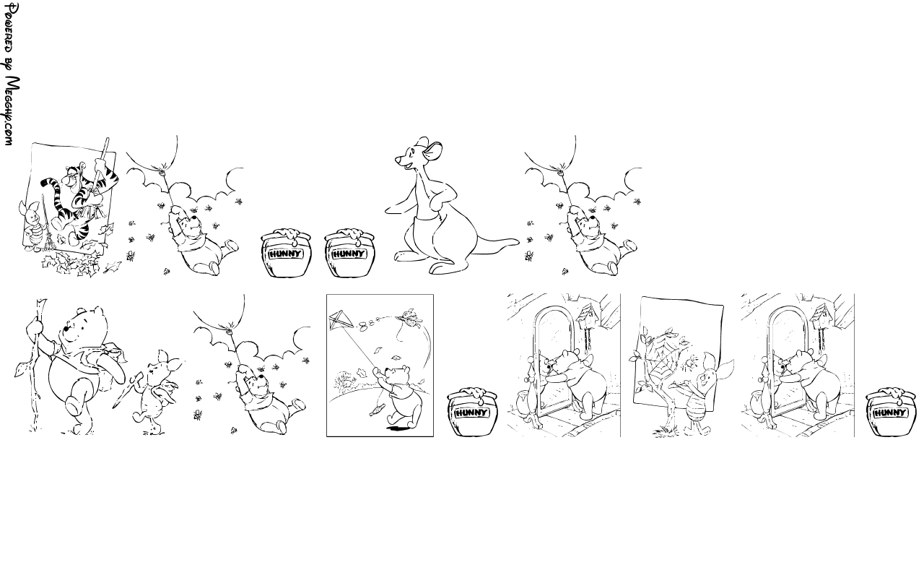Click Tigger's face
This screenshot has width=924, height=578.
point(73,177)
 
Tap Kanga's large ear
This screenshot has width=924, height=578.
point(434,151)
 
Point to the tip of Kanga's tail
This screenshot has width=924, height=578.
point(518,242)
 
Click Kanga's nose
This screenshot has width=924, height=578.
point(398,159)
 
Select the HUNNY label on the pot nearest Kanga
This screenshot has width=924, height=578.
point(349,254)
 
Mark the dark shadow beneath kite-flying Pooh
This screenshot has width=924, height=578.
point(398,429)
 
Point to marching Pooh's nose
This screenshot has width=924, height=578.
point(65,329)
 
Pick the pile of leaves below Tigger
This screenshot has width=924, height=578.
point(73,264)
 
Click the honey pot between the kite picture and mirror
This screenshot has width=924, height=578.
point(472,412)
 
